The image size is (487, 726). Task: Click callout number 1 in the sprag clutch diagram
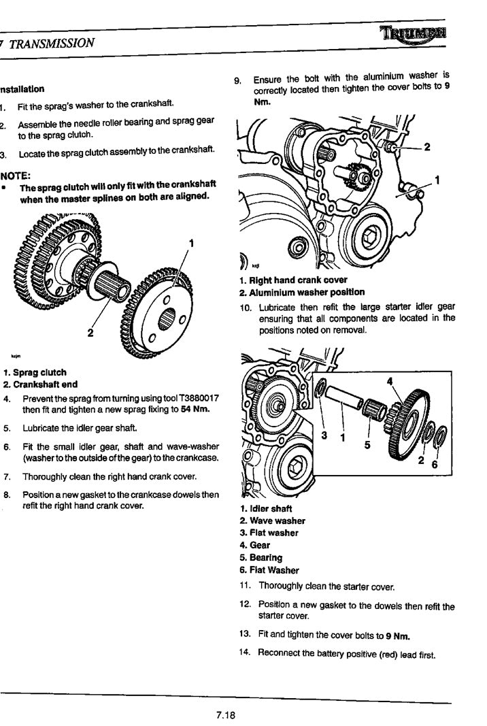click(x=192, y=243)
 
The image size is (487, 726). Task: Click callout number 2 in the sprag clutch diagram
click(x=90, y=333)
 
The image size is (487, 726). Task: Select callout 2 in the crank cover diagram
click(x=426, y=147)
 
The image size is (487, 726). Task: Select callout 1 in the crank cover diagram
click(x=437, y=180)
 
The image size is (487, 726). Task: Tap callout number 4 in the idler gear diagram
click(x=390, y=382)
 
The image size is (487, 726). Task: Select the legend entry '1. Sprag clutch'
click(x=35, y=372)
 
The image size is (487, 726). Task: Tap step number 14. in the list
click(x=246, y=653)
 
